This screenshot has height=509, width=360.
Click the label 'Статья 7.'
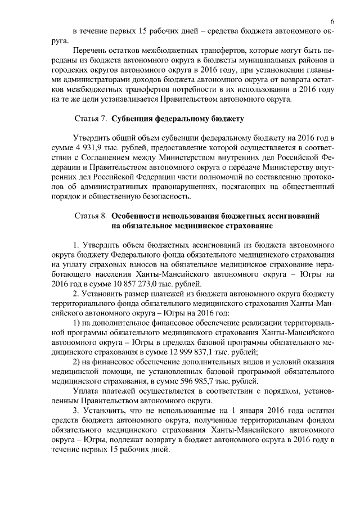coord(91,119)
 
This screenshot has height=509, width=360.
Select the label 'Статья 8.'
coord(91,216)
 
